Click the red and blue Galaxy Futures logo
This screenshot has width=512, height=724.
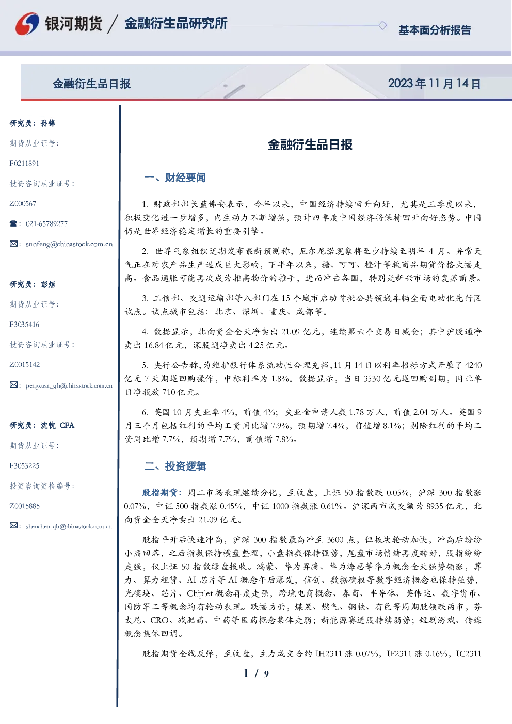(27, 23)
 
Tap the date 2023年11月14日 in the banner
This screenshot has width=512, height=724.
(434, 84)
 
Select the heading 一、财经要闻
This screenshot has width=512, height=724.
(175, 178)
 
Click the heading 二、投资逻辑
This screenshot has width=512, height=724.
(175, 466)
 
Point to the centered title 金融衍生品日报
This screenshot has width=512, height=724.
(310, 144)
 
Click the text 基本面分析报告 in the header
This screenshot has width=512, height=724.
(435, 30)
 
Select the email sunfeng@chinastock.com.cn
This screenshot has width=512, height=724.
(69, 244)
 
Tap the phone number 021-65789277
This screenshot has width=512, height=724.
(46, 223)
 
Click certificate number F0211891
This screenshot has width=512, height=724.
(24, 163)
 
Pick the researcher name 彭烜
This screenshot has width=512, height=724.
(48, 284)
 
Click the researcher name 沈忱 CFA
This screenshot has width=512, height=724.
(57, 425)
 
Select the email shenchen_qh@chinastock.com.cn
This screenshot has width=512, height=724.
(69, 526)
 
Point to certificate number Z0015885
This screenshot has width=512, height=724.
(25, 506)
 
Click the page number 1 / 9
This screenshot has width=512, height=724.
(256, 673)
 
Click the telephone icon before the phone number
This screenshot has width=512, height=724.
(13, 223)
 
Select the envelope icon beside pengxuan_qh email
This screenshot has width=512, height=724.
(13, 385)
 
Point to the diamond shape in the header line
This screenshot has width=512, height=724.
(382, 25)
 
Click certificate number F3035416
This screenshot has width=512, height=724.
(24, 325)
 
